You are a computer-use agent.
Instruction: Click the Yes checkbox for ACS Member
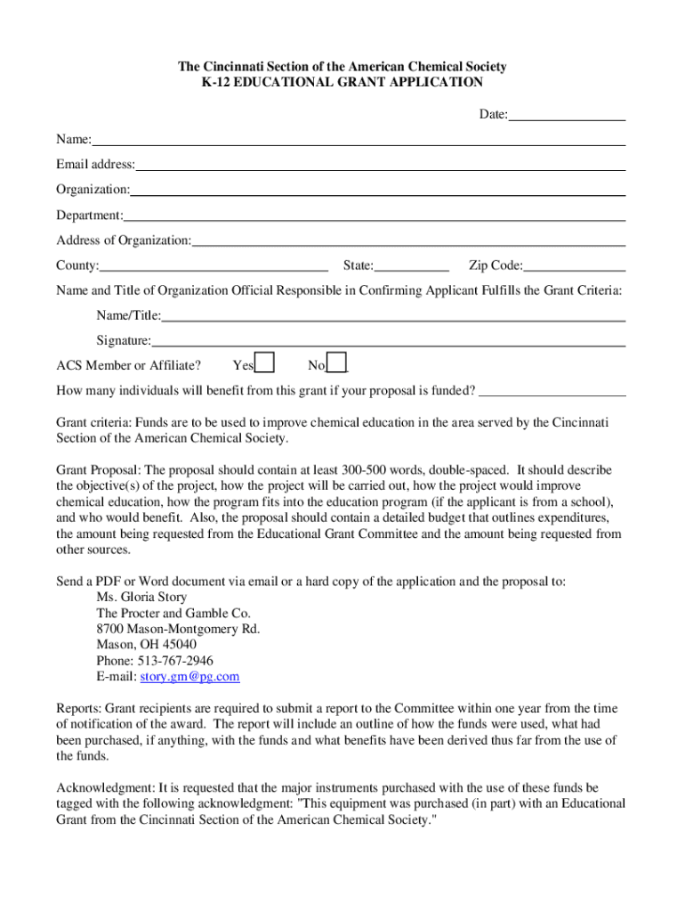point(264,363)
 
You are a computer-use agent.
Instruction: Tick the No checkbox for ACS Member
point(337,363)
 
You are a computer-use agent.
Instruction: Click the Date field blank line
point(567,115)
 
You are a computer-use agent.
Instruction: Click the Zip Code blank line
point(575,265)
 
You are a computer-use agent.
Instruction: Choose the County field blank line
point(214,265)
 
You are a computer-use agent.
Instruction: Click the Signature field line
point(388,340)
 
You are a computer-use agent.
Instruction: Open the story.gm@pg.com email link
point(190,677)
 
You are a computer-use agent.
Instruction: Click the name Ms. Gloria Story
point(141,597)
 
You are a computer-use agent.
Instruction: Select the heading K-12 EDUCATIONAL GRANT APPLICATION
point(342,83)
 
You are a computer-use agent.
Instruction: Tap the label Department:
point(90,216)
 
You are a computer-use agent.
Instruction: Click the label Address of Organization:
point(124,240)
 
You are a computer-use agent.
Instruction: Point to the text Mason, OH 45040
point(147,645)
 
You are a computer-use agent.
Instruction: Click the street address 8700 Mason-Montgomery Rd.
point(178,629)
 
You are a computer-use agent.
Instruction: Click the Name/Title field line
point(393,315)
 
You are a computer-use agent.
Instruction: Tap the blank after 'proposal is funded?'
point(552,390)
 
